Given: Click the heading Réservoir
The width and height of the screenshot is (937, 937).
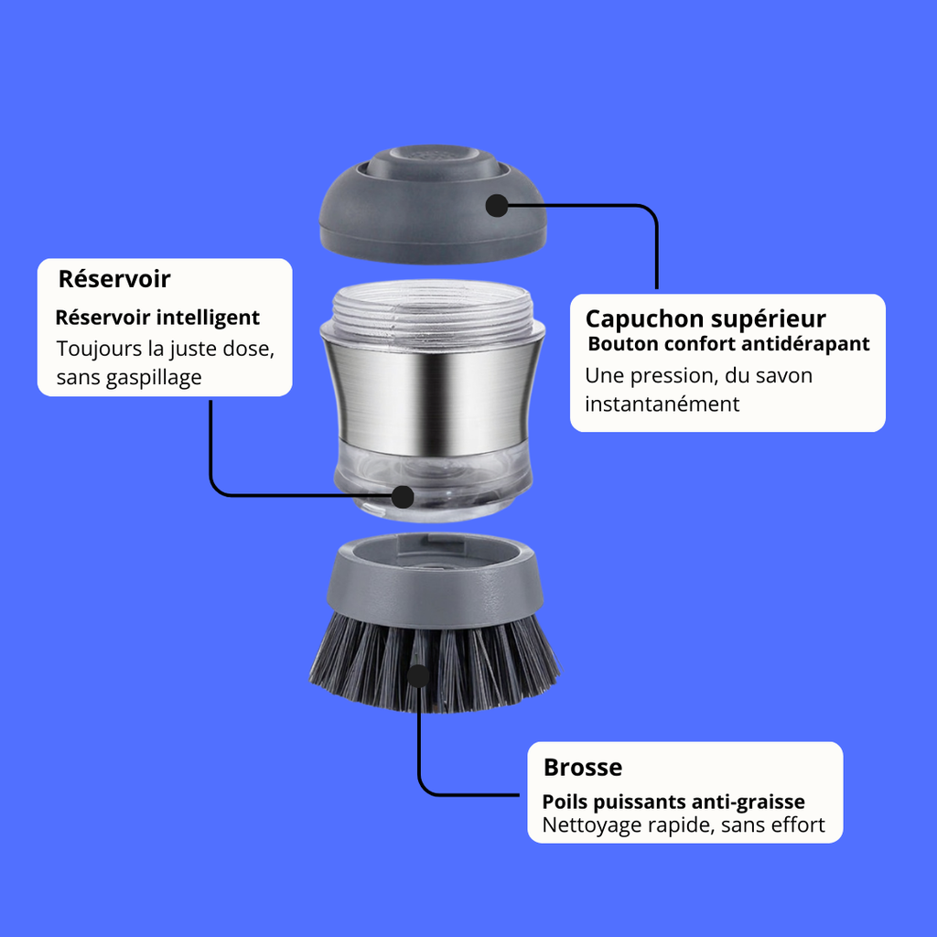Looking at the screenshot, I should [x=114, y=279].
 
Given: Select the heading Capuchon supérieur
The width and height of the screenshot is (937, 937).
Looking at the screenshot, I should [x=705, y=318].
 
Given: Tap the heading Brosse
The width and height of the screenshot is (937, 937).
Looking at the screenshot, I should [x=582, y=767].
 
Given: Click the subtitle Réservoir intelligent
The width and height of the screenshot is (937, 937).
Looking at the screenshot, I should [x=157, y=318].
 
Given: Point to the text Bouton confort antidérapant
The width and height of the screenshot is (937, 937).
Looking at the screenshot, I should [x=728, y=345].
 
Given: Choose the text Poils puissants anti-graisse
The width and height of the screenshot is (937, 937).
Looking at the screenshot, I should [x=673, y=802].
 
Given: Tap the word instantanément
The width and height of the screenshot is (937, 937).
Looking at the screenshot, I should [x=662, y=404].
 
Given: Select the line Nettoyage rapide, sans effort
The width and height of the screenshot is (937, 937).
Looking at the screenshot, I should [x=684, y=825].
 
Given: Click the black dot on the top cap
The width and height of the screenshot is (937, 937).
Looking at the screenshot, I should [x=496, y=205].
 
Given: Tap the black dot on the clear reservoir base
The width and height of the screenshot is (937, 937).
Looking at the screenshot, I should [x=402, y=496].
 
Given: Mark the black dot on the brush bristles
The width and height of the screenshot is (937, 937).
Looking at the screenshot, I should [x=417, y=676].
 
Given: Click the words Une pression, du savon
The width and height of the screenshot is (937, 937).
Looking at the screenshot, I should [x=698, y=375].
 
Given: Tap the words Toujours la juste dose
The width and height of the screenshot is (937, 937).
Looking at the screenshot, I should [x=165, y=350].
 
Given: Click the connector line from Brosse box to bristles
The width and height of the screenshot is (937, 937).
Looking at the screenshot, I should [x=419, y=750].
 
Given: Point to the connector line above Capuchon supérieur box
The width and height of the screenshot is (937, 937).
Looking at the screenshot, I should [x=656, y=247].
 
